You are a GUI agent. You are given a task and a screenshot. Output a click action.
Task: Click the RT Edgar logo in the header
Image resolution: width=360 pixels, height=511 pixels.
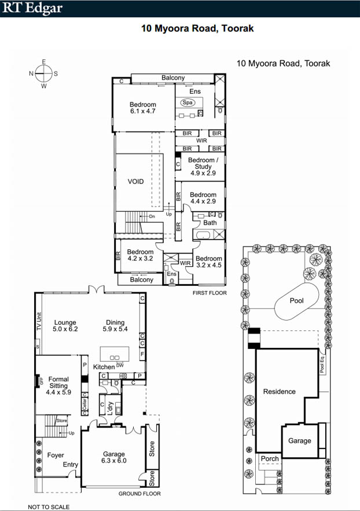click(32, 8)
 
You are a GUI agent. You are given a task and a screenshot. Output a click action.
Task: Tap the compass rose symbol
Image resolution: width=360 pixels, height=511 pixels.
click(43, 73)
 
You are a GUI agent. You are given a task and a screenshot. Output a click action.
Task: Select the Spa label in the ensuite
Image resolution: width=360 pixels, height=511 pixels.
click(188, 102)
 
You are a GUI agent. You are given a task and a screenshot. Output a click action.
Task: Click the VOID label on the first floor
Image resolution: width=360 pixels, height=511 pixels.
click(135, 182)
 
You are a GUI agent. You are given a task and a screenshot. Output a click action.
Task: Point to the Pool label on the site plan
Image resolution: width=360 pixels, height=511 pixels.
click(296, 300)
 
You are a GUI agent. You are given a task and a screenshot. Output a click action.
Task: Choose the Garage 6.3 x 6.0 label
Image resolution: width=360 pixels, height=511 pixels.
click(113, 457)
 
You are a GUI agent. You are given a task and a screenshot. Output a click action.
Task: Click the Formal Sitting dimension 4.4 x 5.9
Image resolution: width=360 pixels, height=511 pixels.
click(58, 392)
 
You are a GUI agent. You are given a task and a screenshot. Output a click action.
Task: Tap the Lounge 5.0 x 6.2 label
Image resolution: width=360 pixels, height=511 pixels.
click(65, 326)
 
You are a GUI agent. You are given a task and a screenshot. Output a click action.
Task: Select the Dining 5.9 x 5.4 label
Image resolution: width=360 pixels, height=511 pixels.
click(115, 326)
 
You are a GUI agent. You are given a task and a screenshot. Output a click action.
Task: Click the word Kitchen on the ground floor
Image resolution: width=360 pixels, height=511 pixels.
click(104, 367)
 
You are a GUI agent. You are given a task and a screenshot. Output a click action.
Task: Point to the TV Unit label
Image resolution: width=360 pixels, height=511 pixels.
click(39, 322)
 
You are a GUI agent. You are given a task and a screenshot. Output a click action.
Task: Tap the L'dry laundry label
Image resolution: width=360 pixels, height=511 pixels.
click(110, 409)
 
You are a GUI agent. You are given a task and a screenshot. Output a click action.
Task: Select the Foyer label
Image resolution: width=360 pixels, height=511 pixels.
click(56, 455)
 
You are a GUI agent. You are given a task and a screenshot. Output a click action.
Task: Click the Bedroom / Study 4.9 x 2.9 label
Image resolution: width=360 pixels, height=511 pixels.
click(203, 167)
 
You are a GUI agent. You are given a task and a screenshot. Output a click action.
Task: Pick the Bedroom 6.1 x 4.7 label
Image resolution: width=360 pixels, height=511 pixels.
click(143, 108)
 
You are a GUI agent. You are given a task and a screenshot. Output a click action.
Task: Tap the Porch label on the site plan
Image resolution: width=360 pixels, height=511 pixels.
click(270, 458)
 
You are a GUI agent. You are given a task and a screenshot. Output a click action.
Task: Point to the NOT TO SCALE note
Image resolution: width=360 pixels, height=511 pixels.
click(49, 507)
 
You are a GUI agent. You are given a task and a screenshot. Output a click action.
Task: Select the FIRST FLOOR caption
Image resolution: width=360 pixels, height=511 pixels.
click(210, 293)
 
